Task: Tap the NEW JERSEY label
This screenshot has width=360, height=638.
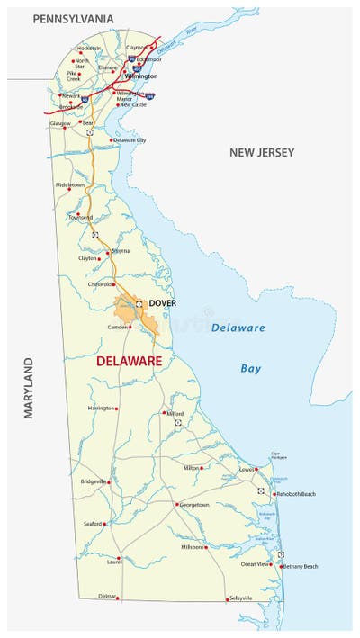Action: coord(261,153)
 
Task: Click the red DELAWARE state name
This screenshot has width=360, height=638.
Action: coord(129,361)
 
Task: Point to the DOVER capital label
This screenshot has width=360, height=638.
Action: coord(163,303)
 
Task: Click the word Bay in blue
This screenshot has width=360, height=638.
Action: coord(251,368)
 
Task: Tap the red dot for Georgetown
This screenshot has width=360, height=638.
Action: coord(177,504)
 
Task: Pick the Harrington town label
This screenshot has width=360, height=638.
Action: coord(101,408)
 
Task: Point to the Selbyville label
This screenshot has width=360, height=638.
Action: coord(241,598)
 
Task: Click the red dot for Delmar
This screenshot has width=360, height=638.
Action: coord(120,598)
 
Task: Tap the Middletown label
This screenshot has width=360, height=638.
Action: coord(70,185)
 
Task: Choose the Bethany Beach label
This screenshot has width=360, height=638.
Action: coord(301,566)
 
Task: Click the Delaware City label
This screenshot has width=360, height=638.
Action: coord(130,140)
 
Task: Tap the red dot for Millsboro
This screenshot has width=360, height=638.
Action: coord(206,547)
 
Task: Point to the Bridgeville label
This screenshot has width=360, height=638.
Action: coord(94,481)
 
